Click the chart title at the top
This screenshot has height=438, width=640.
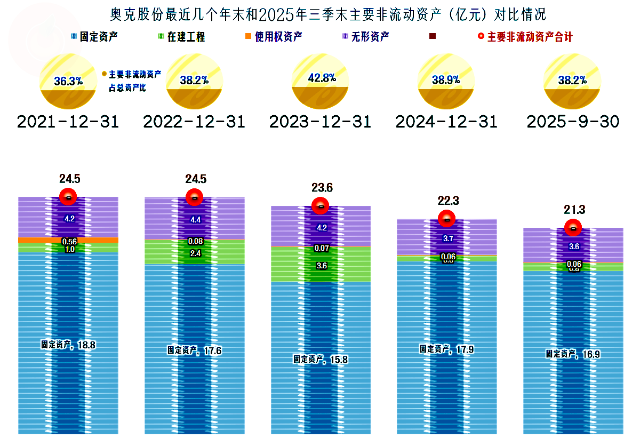320,13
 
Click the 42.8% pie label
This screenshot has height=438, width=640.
322,77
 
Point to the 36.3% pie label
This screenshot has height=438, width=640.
68,81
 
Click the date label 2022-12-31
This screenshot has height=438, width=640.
194,122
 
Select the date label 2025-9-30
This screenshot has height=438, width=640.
573,122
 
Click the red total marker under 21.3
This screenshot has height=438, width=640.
573,228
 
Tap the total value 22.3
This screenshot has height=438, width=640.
447,201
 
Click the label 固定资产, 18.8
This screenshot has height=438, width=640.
68,345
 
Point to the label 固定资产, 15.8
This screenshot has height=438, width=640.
321,359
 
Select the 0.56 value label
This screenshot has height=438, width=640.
69,241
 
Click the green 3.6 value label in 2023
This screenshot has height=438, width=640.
322,265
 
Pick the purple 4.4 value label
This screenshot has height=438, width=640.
195,219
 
